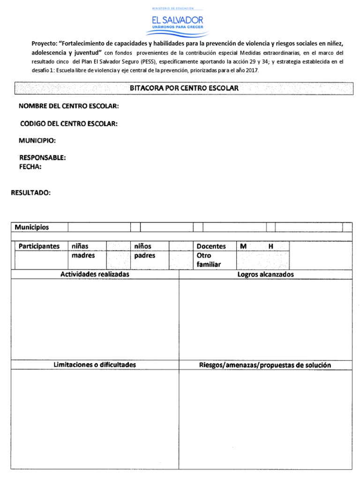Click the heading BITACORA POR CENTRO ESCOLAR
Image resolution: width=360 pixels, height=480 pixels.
pyautogui.click(x=184, y=88)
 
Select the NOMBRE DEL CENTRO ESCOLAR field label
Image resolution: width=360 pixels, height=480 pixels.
pyautogui.click(x=69, y=106)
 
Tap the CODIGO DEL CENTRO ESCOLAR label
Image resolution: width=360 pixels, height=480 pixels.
pyautogui.click(x=69, y=123)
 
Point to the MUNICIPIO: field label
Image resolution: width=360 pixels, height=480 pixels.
pyautogui.click(x=37, y=140)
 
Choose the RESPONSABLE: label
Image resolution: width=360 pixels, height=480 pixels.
pyautogui.click(x=42, y=157)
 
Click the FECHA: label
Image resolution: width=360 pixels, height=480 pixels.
pyautogui.click(x=30, y=166)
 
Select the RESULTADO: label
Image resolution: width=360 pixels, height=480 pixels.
pyautogui.click(x=30, y=193)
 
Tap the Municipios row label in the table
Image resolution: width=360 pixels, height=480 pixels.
pyautogui.click(x=32, y=227)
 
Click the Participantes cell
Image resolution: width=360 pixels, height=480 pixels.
pyautogui.click(x=39, y=246)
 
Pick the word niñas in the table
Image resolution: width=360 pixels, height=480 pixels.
pyautogui.click(x=80, y=246)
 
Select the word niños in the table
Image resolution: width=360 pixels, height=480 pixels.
pyautogui.click(x=143, y=246)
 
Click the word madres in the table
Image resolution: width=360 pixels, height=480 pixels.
pyautogui.click(x=83, y=255)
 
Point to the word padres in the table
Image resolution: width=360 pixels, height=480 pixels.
pyautogui.click(x=144, y=255)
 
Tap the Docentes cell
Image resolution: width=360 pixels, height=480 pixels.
pyautogui.click(x=211, y=246)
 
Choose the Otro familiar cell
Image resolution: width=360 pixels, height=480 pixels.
pyautogui.click(x=209, y=260)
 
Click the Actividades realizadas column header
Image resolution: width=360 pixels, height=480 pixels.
pyautogui.click(x=95, y=274)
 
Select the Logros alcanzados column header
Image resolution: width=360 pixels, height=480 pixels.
pyautogui.click(x=265, y=274)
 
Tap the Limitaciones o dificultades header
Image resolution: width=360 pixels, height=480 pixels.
pyautogui.click(x=95, y=364)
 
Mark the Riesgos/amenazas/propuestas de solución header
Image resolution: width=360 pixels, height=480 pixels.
pyautogui.click(x=265, y=365)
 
